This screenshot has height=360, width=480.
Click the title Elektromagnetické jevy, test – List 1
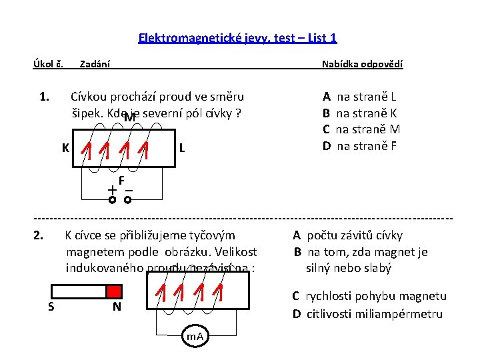click(237, 38)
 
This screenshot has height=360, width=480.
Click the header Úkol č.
click(48, 65)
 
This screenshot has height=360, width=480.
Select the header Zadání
click(95, 65)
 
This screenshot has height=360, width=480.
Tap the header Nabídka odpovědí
click(362, 65)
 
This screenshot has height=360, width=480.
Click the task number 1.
click(44, 97)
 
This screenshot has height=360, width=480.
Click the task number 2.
click(39, 235)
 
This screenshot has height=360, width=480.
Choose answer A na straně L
click(360, 97)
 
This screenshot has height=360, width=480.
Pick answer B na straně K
click(360, 113)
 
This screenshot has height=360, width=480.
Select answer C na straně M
click(361, 129)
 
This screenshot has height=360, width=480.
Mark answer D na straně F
click(360, 145)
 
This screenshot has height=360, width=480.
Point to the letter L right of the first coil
click(181, 147)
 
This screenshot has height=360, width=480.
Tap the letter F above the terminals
click(122, 180)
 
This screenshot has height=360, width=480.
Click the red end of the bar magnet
click(114, 291)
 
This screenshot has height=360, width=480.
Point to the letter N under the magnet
click(116, 307)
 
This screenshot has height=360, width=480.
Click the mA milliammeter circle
click(195, 337)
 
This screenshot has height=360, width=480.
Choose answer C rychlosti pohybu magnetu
click(369, 296)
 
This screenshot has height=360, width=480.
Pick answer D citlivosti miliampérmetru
click(367, 313)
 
